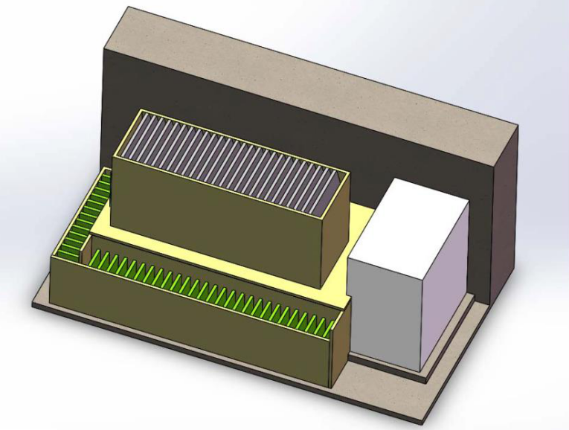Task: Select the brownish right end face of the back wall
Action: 504,216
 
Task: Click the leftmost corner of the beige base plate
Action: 32,304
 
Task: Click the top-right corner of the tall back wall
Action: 518,126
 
